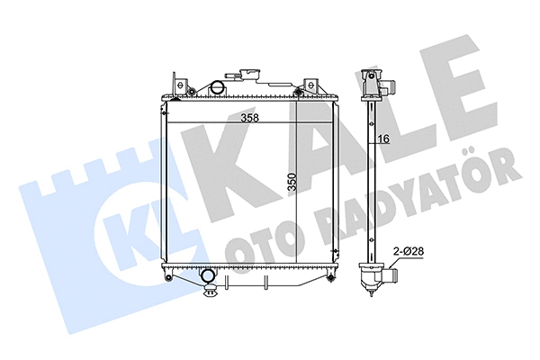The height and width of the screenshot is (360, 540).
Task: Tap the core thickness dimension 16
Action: point(382,138)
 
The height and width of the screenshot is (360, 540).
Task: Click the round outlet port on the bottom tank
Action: point(208,275)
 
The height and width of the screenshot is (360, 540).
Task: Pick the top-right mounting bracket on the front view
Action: point(305,82)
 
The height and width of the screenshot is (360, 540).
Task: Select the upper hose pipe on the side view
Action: point(388,87)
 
